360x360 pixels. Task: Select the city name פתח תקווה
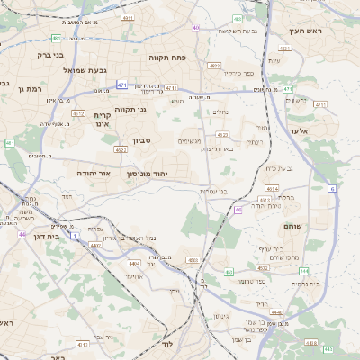(166, 57)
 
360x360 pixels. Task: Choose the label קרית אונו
(101, 121)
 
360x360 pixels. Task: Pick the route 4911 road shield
(128, 17)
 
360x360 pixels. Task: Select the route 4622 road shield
(120, 150)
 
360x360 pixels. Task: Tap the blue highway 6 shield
(331, 188)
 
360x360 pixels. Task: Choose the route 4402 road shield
(96, 244)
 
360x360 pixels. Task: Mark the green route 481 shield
(57, 38)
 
